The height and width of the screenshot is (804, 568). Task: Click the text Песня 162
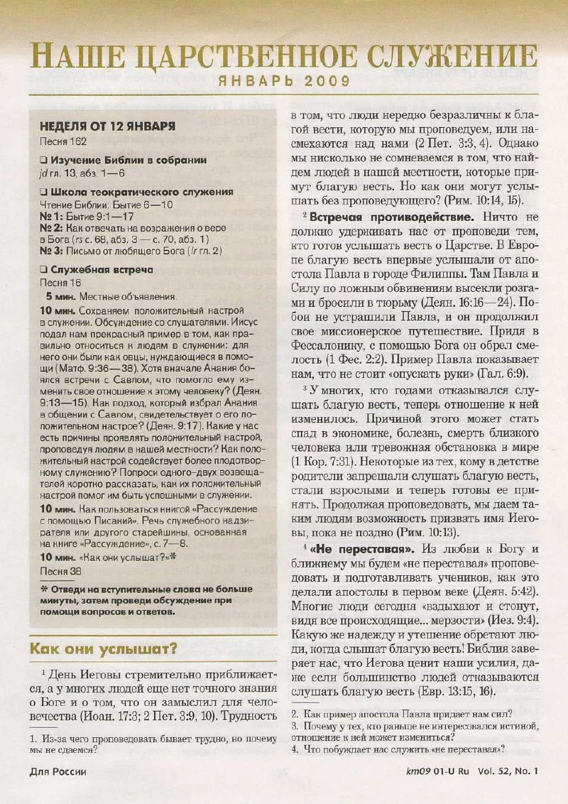(62, 142)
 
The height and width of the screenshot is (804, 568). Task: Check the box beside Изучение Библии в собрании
(44, 161)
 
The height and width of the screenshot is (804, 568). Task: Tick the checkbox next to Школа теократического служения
(44, 192)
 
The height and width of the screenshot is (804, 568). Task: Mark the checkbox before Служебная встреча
(44, 271)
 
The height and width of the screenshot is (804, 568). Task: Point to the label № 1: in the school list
(50, 217)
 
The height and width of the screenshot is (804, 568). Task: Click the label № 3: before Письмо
(50, 251)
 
